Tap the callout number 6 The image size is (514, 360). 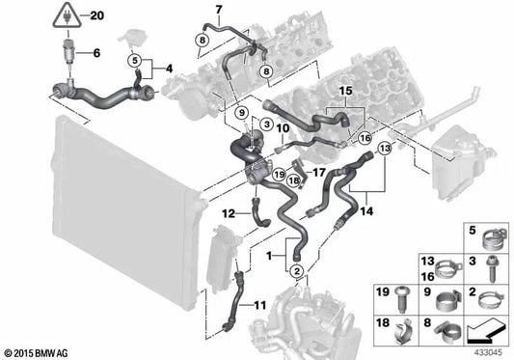click(95, 53)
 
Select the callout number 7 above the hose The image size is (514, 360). click(218, 11)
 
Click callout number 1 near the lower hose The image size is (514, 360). click(272, 255)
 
